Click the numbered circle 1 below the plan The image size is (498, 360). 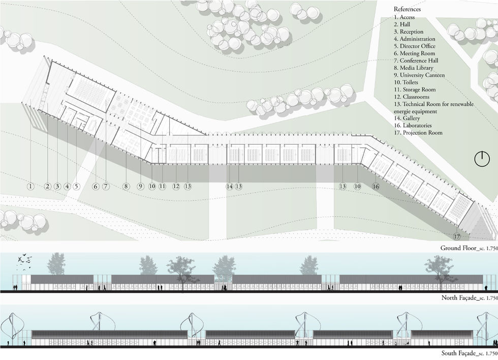pos(30,187)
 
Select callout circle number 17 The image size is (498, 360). pos(457,236)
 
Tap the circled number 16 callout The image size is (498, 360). pos(376,187)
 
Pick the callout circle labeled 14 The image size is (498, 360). pos(230,187)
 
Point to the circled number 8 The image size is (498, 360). pos(126,187)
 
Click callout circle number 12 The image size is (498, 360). pos(176,187)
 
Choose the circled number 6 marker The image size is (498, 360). pos(96,187)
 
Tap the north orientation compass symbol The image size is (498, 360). pos(480,159)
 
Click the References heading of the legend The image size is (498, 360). pos(407,10)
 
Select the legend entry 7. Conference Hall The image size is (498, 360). pos(417,61)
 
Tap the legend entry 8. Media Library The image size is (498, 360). pos(415,68)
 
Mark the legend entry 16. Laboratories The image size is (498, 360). pos(413,125)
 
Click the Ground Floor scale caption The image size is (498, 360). pos(468,249)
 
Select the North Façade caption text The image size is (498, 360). pos(468,298)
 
